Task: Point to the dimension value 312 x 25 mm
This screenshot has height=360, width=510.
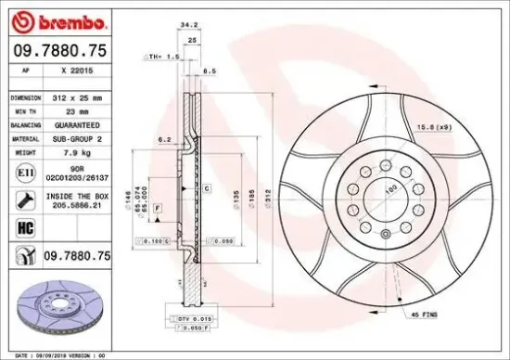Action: click(x=74, y=96)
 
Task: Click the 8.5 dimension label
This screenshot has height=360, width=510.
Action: click(x=210, y=70)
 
